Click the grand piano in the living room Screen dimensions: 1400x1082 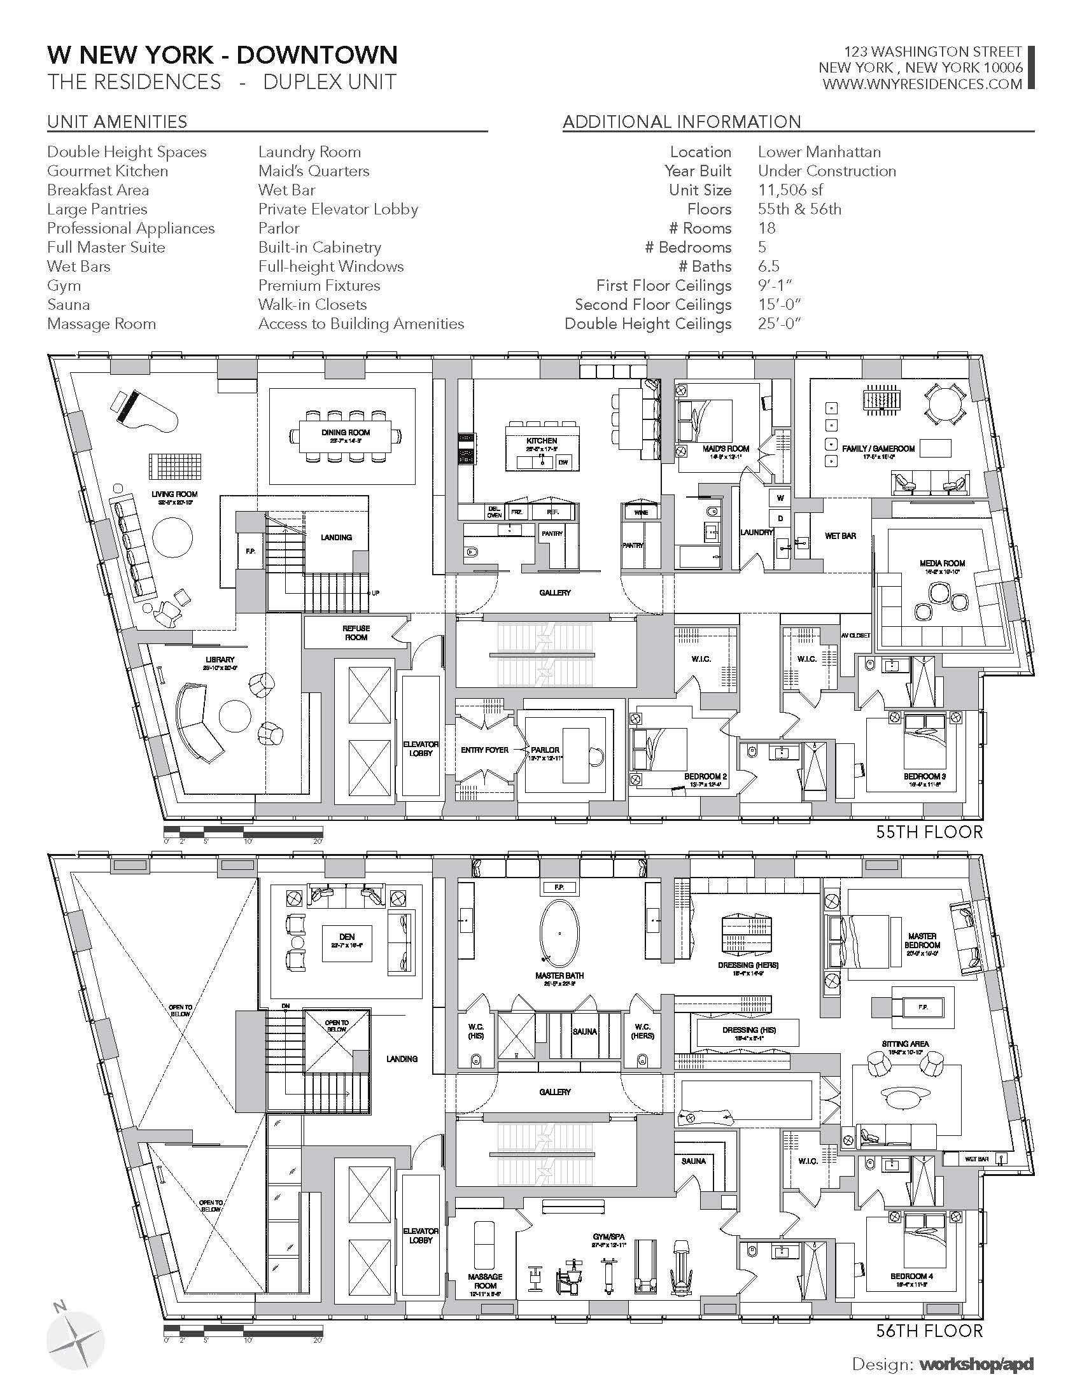point(144,414)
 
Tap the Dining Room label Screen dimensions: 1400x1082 point(346,433)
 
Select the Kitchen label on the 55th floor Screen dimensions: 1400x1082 point(542,441)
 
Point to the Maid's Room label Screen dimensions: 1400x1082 point(726,449)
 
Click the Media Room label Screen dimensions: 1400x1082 point(941,563)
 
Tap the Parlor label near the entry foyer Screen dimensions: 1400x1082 point(545,750)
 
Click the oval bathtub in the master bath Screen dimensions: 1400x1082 point(559,934)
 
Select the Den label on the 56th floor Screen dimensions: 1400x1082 point(347,937)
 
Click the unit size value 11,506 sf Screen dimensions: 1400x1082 point(790,190)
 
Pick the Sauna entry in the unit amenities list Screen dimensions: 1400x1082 point(69,304)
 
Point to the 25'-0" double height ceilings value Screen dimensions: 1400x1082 point(780,324)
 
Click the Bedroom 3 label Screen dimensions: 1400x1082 point(925,776)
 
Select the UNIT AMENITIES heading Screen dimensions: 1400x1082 point(117,121)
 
